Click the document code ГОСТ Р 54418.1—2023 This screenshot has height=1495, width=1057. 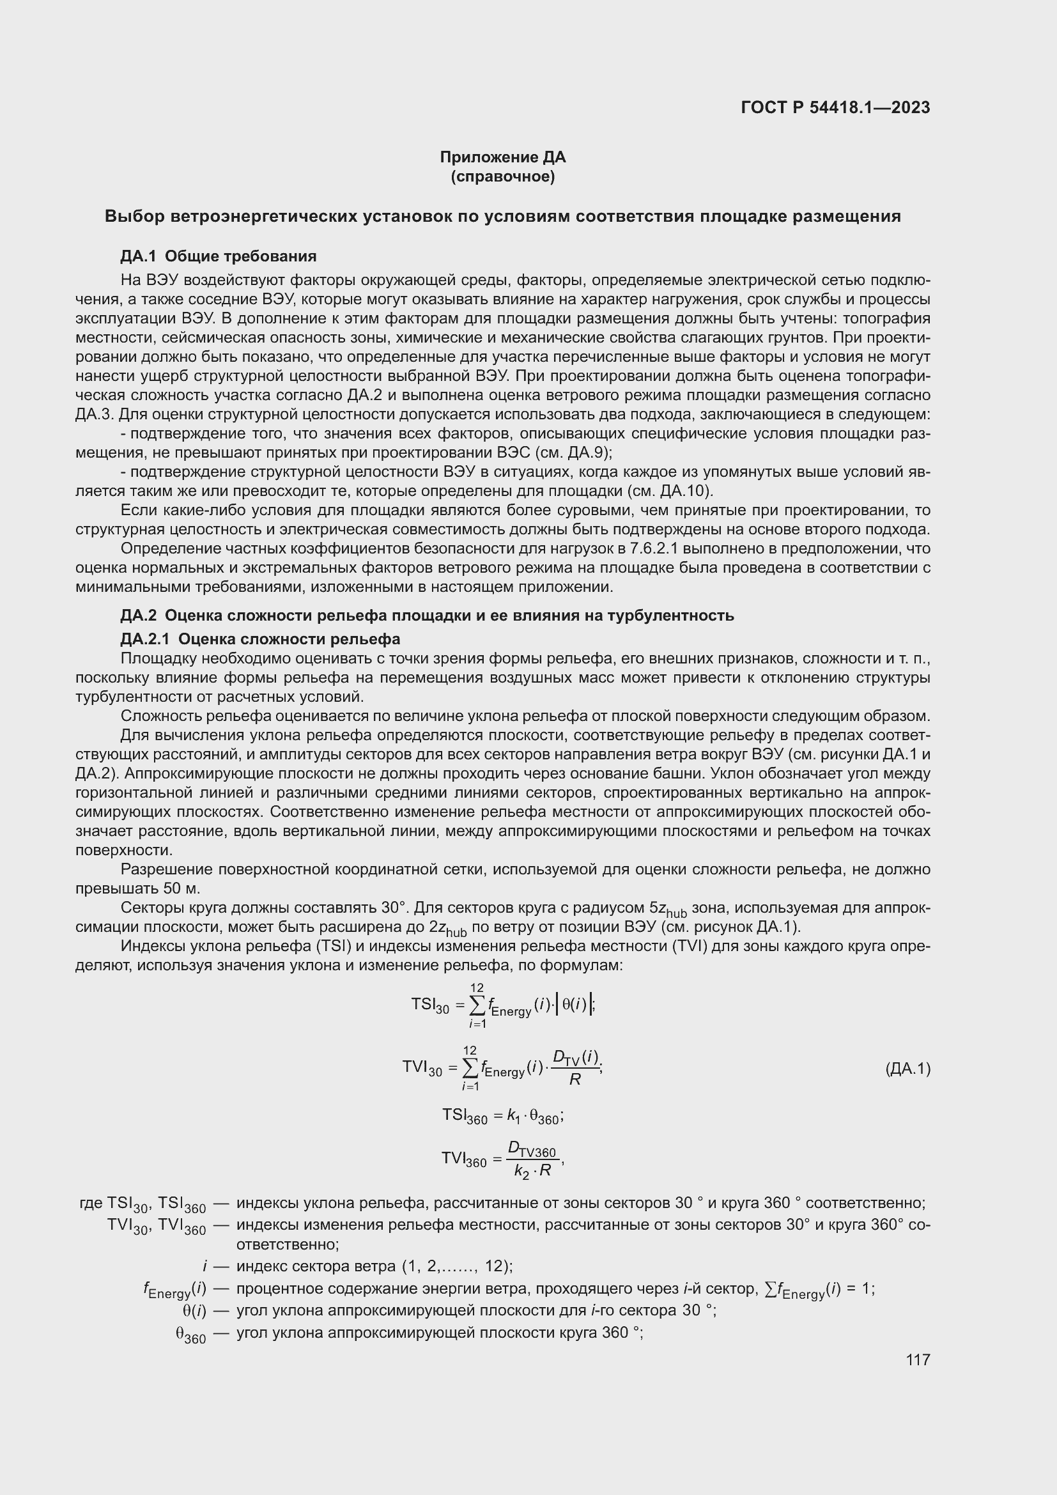coord(835,108)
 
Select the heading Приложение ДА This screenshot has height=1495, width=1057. coord(502,157)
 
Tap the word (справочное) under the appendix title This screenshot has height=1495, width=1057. coord(502,176)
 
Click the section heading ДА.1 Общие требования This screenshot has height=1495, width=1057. coord(218,256)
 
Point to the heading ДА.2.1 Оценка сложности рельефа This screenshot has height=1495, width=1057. coord(259,639)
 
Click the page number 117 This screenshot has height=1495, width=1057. coord(917,1359)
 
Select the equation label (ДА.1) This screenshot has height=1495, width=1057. coord(907,1069)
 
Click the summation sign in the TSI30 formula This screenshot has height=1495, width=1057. coord(477,1006)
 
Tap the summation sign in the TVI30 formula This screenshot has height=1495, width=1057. coord(470,1068)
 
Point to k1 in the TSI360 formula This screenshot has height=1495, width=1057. coord(514,1116)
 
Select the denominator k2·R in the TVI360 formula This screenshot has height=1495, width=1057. coord(532,1170)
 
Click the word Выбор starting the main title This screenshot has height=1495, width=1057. coord(134,217)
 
